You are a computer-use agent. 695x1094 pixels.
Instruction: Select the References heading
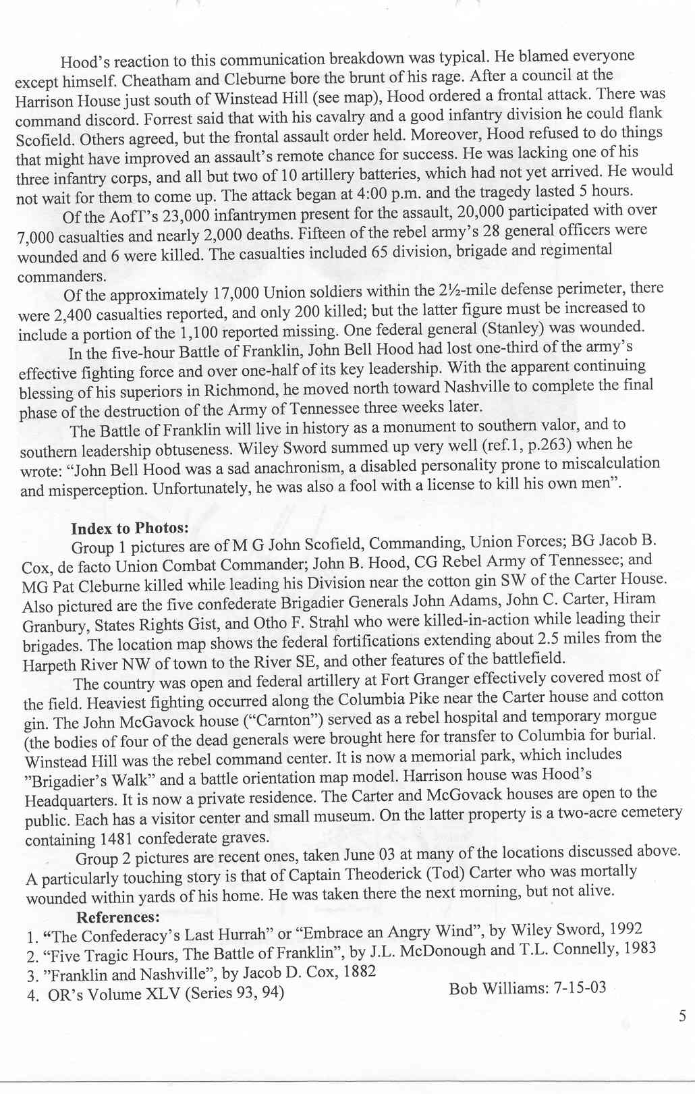(x=118, y=917)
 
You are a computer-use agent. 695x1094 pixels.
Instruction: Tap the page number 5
(x=682, y=1016)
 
